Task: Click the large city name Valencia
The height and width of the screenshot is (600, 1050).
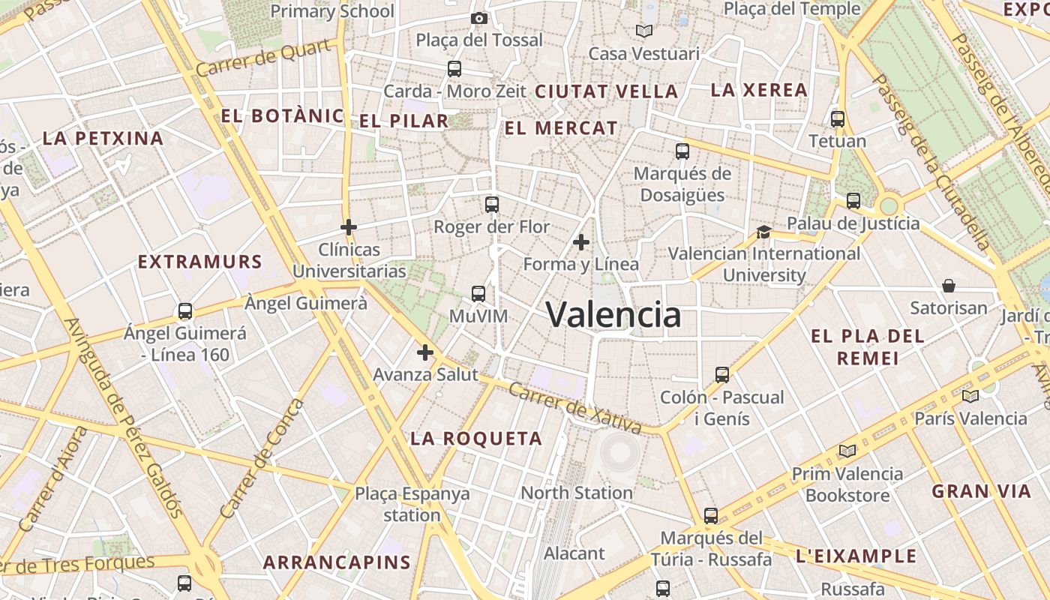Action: pos(613,314)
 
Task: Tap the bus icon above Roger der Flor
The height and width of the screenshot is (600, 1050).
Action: pos(492,204)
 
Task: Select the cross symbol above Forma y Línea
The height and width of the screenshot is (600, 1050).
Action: pos(580,242)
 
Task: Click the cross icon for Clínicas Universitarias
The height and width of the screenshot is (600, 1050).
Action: pos(348,226)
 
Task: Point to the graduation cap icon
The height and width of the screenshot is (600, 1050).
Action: pos(763,232)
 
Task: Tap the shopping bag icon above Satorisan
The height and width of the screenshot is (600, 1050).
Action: pos(949,286)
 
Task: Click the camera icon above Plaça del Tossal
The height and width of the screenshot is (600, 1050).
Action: pos(478,18)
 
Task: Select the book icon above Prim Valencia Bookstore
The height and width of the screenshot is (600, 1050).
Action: pos(847,451)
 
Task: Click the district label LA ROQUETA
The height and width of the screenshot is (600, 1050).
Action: pos(476,439)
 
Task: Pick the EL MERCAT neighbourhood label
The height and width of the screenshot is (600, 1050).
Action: pos(561,128)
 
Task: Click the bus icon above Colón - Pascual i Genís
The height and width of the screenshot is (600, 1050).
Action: pos(722,374)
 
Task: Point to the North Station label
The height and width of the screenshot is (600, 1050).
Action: pos(577,493)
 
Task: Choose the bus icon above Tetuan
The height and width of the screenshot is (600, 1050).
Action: pos(838,118)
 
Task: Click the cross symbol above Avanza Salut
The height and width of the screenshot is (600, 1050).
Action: pos(425,352)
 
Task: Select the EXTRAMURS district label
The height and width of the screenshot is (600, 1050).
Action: pos(200,262)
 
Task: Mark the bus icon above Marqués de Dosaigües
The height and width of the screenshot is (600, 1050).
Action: pos(682,151)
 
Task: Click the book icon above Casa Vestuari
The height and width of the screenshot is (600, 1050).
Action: pos(643,31)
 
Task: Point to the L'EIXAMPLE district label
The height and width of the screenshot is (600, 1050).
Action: pos(856,556)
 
